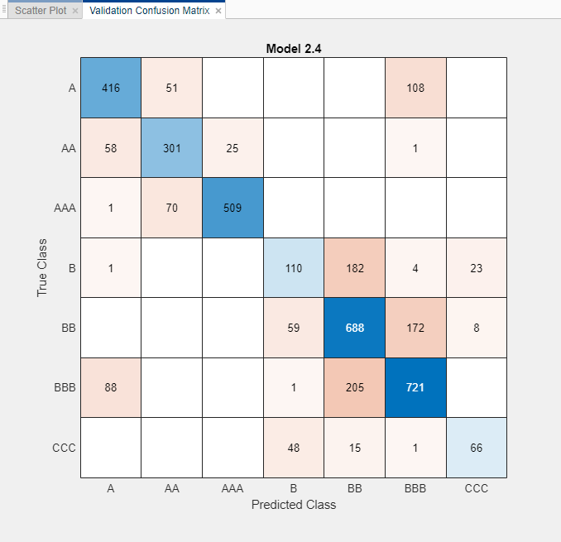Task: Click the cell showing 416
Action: [x=111, y=88]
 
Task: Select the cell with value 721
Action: [x=415, y=387]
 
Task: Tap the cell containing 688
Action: [x=355, y=327]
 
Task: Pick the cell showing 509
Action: [x=233, y=208]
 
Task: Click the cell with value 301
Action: [x=172, y=147]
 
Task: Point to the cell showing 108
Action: [x=415, y=88]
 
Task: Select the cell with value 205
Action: [x=355, y=387]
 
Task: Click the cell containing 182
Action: [x=355, y=267]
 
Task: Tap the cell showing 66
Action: [x=477, y=447]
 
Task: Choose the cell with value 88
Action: [x=111, y=387]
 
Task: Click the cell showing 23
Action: [x=477, y=267]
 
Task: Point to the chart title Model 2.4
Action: [x=293, y=48]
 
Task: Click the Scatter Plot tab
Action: [x=41, y=11]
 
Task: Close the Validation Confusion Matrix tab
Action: [x=218, y=11]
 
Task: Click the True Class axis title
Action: [x=41, y=268]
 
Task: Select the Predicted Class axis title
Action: [x=294, y=504]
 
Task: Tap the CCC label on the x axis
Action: [x=477, y=488]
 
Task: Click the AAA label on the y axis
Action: [x=65, y=208]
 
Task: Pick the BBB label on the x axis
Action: [x=415, y=488]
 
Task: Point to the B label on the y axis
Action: [x=72, y=267]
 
